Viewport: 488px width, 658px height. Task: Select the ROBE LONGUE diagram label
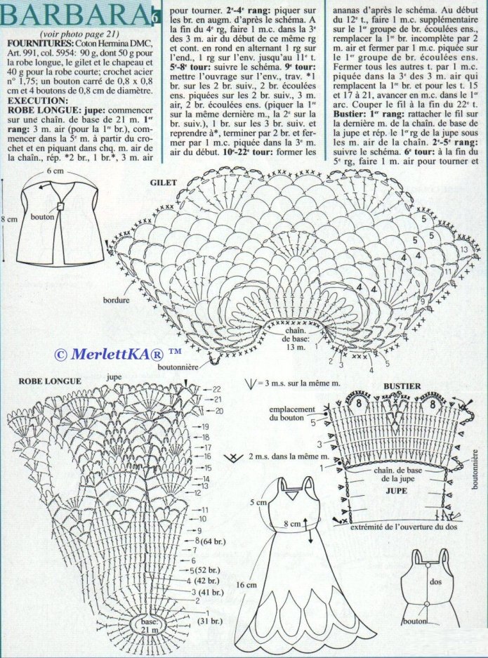pos(41,381)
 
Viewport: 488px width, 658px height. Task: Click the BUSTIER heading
pos(402,386)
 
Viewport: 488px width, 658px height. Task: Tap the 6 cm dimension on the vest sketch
pos(55,171)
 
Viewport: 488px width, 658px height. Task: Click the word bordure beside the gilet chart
pos(115,299)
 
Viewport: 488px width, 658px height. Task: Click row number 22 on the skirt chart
pos(216,388)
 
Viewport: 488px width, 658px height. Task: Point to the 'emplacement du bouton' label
pos(293,414)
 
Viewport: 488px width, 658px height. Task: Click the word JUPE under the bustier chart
pos(397,492)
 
